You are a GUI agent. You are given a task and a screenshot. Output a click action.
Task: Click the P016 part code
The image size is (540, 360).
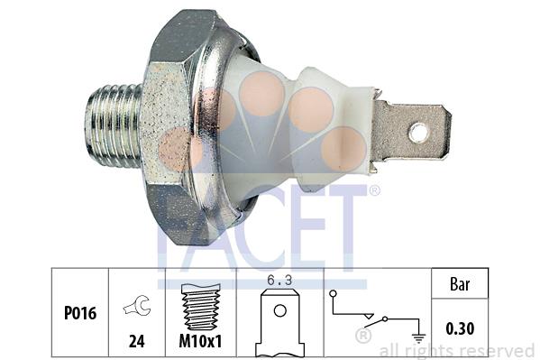pyautogui.click(x=80, y=313)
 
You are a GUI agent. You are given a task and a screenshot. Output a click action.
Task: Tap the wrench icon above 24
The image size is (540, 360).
pyautogui.click(x=137, y=305)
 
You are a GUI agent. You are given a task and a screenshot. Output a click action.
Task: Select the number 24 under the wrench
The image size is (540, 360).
pyautogui.click(x=137, y=341)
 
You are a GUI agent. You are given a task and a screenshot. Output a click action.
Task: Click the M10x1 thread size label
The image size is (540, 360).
pyautogui.click(x=200, y=341)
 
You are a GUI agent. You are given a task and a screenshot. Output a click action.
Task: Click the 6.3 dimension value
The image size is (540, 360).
pyautogui.click(x=279, y=281)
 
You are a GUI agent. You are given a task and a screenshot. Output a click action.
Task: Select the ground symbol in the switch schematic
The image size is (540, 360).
pyautogui.click(x=418, y=338)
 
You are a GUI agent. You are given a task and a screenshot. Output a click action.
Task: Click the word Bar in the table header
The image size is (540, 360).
pyautogui.click(x=460, y=284)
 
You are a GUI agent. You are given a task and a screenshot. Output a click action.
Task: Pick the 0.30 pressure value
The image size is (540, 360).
pyautogui.click(x=460, y=328)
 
